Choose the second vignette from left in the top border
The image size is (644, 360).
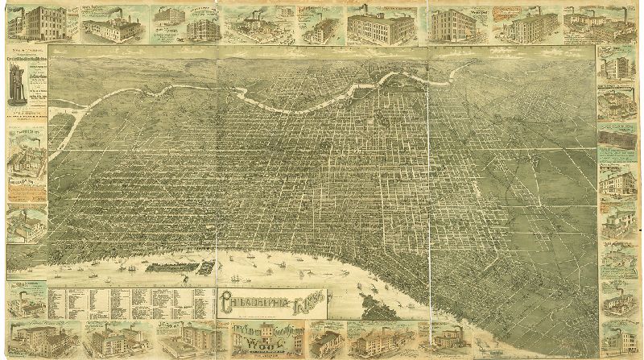(x=109, y=24)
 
